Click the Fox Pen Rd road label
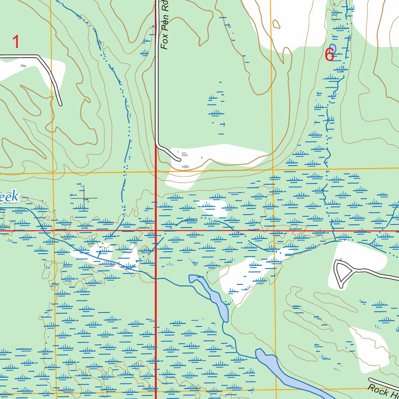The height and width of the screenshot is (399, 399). (x=166, y=25)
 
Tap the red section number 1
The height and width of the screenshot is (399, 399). (x=16, y=42)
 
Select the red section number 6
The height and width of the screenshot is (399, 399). (x=329, y=55)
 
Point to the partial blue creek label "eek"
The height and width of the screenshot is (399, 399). (x=9, y=197)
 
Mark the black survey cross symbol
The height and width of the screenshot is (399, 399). (x=84, y=198)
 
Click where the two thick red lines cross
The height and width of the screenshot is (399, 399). (x=156, y=231)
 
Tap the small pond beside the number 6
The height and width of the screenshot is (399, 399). (x=332, y=49)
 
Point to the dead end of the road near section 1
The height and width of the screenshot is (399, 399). (x=60, y=104)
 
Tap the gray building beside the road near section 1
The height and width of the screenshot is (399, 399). (x=24, y=66)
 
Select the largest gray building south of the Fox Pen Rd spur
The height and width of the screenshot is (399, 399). (x=185, y=167)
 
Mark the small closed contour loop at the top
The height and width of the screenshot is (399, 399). (x=276, y=24)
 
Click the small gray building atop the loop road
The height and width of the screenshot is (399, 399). (x=341, y=260)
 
